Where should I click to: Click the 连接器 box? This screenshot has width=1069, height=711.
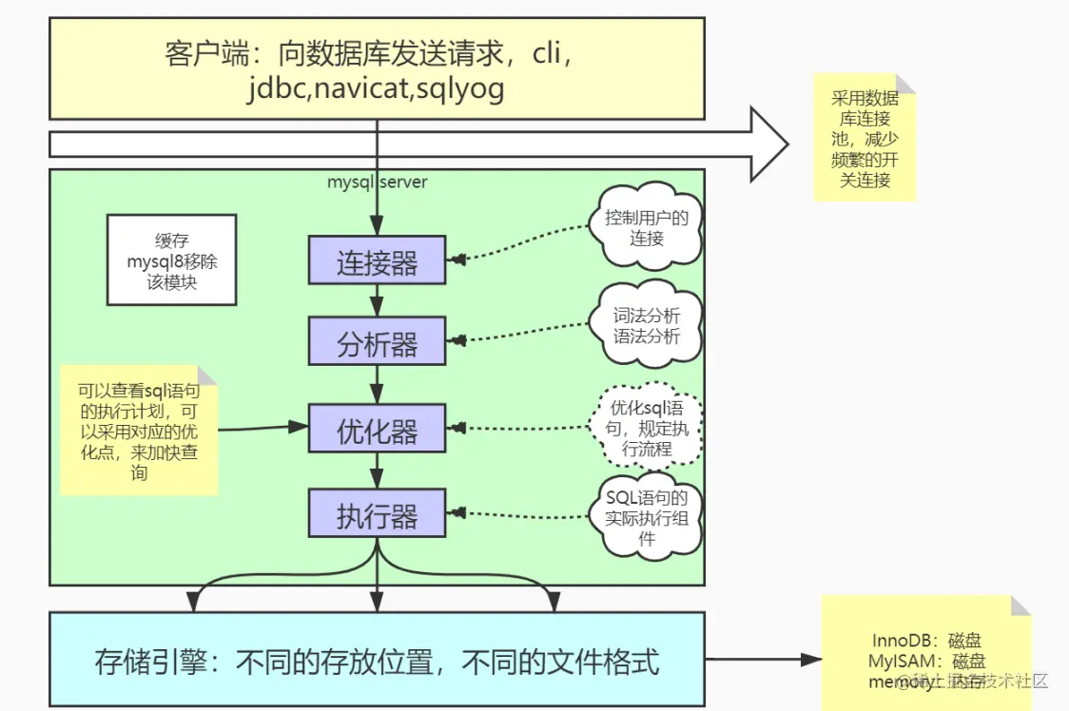(x=377, y=259)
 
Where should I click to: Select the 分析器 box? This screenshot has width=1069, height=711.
(x=377, y=340)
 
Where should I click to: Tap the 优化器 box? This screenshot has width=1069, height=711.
(x=377, y=428)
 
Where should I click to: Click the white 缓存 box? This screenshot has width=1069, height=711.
(x=171, y=259)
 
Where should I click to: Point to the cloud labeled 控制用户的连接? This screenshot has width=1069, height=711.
(x=647, y=227)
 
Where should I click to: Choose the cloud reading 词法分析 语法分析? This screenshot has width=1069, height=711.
(x=647, y=324)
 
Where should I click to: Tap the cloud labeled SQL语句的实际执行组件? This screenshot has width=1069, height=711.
(x=647, y=517)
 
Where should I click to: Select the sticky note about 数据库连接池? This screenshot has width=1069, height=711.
(x=865, y=137)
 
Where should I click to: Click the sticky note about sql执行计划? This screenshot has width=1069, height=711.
(x=139, y=430)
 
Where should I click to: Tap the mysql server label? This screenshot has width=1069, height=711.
(x=378, y=181)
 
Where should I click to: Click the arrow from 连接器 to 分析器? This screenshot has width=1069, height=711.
(x=378, y=300)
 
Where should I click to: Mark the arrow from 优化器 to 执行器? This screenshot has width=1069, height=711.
(x=378, y=471)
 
